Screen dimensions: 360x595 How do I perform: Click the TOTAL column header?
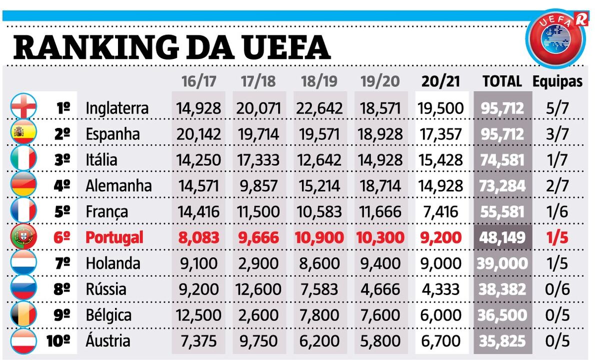[501, 81]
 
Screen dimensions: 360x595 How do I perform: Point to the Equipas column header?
[557, 81]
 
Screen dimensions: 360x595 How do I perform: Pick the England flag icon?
[23, 107]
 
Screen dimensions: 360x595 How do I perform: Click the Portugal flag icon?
[23, 237]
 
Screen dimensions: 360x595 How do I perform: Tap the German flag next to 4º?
[23, 185]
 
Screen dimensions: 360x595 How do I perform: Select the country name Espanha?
[112, 134]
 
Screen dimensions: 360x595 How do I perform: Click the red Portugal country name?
[114, 237]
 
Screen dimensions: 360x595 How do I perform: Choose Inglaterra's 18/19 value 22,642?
[319, 108]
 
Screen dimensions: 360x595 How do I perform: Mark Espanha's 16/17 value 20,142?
[198, 134]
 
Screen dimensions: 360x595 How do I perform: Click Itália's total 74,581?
[502, 160]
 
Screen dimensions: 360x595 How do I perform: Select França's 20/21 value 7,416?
[440, 211]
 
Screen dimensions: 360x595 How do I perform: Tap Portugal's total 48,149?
[502, 237]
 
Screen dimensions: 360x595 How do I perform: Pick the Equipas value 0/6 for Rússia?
[557, 289]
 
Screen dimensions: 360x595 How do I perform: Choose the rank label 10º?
[59, 341]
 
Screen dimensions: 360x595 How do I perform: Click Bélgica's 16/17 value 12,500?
[198, 315]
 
